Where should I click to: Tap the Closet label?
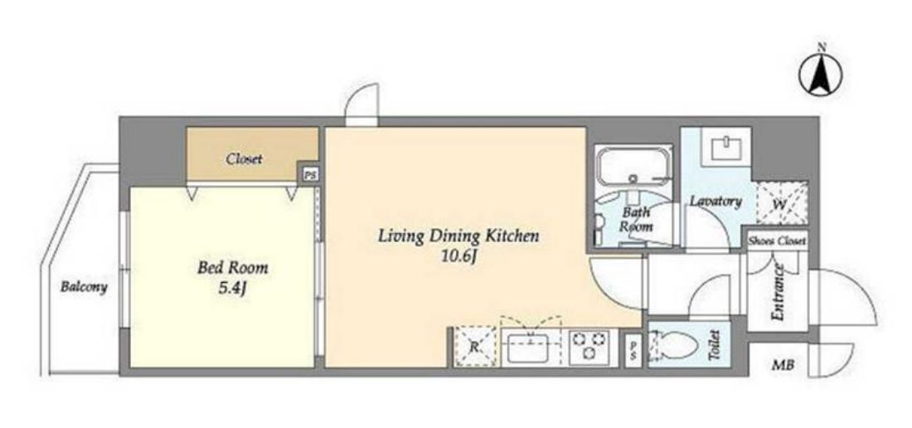pos(245,158)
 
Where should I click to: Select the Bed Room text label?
pos(233,268)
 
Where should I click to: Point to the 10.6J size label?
pos(459,255)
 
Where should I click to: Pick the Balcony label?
pos(85,287)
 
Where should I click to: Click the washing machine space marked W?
pos(781,203)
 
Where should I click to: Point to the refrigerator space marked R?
pos(475,348)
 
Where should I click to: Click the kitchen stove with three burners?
pos(589,348)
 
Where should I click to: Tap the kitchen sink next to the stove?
pos(531,348)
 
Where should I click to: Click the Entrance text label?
pos(778,292)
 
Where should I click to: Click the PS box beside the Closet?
pos(310,174)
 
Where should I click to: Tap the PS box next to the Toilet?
pos(633,351)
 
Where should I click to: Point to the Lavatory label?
pos(716,202)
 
